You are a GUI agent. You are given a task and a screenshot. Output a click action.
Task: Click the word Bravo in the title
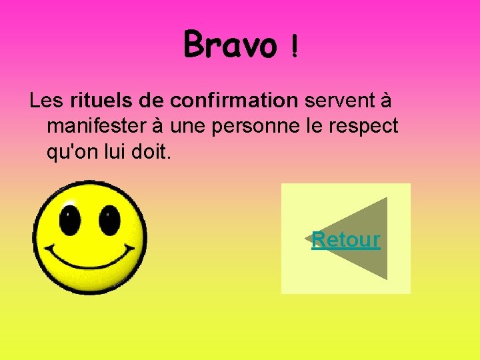229,44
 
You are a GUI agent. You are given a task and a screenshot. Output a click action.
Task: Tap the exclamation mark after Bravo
294,47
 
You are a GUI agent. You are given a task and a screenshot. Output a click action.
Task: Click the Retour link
346,239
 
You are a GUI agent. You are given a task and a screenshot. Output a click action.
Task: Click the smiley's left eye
69,219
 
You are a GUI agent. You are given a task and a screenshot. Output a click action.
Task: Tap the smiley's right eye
109,219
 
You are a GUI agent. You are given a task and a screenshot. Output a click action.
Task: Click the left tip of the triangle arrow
306,239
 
